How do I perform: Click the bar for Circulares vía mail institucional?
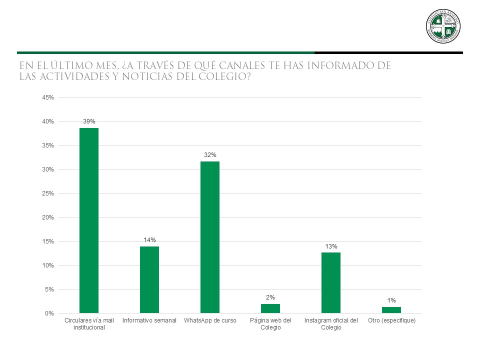(x=89, y=220)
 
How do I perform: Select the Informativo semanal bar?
(x=149, y=279)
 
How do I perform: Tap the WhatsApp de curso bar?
(x=210, y=237)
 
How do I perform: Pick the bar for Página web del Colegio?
(x=270, y=308)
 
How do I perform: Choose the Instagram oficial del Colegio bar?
(x=331, y=282)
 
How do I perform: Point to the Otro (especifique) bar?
(x=391, y=310)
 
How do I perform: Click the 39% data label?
(x=89, y=121)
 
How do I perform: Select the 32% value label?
(x=210, y=155)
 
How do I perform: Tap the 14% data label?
(x=149, y=240)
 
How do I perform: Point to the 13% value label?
(x=331, y=246)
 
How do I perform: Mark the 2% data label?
(x=270, y=297)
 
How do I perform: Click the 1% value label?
(x=391, y=300)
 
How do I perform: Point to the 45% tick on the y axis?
(x=48, y=97)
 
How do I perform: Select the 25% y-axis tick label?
(x=48, y=193)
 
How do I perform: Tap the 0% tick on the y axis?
(x=49, y=313)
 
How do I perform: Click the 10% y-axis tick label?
(x=48, y=265)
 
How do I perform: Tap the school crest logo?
(x=443, y=26)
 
